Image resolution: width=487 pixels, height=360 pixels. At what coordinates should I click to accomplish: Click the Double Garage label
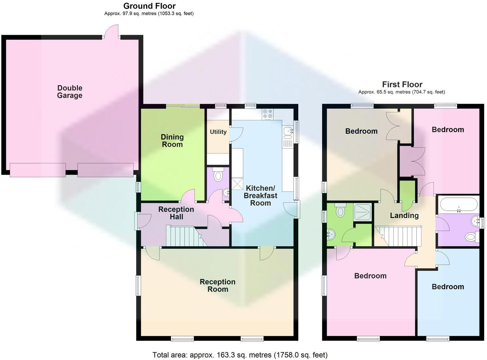[x=70, y=92]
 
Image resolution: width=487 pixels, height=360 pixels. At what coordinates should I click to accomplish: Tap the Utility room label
[x=218, y=132]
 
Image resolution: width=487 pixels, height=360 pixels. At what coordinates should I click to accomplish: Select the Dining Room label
[x=172, y=141]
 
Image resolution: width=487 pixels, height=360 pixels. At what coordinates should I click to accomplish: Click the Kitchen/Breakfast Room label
[x=260, y=195]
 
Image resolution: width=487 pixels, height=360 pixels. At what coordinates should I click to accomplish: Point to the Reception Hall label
[x=176, y=213]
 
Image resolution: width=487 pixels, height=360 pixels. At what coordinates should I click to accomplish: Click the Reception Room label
[x=217, y=286]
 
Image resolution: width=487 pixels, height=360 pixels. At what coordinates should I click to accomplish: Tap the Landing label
[x=404, y=215]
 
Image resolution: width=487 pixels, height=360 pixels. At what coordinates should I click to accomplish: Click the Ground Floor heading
[x=149, y=6]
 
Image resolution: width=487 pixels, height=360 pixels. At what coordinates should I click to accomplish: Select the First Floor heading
[x=402, y=85]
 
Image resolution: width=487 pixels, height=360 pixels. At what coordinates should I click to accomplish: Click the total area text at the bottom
[x=240, y=355]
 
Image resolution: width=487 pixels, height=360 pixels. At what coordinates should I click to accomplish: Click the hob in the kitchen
[x=268, y=114]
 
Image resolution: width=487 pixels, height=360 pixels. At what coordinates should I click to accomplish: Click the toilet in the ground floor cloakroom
[x=218, y=175]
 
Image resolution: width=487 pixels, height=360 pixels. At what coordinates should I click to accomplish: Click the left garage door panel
[x=38, y=170]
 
